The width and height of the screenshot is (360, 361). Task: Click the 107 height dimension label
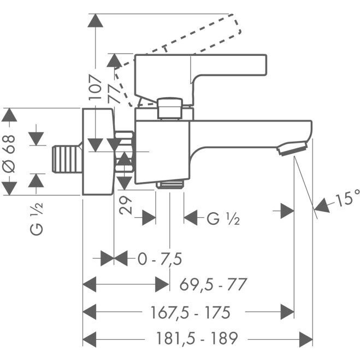tap(96, 87)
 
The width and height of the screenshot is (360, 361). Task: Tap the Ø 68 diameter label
tap(9, 154)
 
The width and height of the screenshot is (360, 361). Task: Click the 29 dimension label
tap(126, 205)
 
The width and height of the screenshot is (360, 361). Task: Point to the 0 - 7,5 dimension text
tap(160, 259)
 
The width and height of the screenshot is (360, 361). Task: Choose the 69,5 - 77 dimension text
tap(213, 284)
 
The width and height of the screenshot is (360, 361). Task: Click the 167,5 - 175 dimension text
tap(190, 312)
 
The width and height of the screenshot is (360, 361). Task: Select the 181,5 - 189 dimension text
tap(197, 338)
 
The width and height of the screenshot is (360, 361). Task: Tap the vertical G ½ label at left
tap(37, 219)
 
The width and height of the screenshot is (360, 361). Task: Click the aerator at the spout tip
tap(292, 149)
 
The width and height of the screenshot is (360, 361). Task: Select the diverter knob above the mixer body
tap(170, 108)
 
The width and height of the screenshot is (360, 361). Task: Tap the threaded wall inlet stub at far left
tap(67, 159)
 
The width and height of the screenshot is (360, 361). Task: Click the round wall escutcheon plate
tap(98, 152)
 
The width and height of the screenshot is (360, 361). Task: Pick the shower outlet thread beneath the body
tap(170, 184)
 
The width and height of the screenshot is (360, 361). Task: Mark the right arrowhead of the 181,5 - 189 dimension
tap(306, 339)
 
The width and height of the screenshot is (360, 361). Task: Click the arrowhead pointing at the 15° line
tap(322, 205)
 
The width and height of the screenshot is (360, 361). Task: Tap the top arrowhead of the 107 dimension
tap(96, 20)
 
